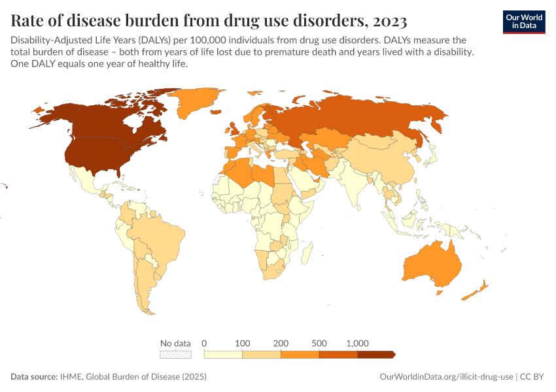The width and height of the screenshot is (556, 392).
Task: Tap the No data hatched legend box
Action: [x=176, y=354]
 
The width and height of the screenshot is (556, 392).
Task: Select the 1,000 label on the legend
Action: [x=358, y=343]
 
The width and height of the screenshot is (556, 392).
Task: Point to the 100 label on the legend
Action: [x=243, y=343]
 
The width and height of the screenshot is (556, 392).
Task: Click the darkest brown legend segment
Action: [x=375, y=354]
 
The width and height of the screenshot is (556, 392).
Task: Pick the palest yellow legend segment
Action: [x=223, y=354]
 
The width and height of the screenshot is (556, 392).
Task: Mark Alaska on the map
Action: [x=52, y=114]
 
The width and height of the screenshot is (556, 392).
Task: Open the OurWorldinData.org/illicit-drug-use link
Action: [x=447, y=377]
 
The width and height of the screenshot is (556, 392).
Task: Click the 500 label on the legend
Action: [x=319, y=343]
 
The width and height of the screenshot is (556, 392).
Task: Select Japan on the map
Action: [x=430, y=157]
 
